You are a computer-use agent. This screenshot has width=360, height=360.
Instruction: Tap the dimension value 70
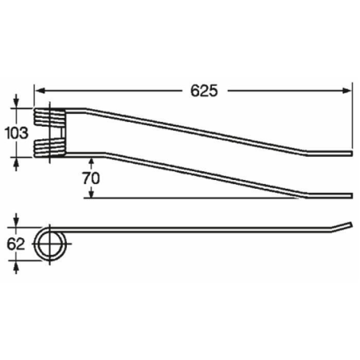90,178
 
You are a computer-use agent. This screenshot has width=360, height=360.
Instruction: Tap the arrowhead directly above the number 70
89,160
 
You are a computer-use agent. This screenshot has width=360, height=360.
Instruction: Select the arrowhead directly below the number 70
89,193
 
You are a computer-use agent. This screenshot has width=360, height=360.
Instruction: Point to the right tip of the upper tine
350,152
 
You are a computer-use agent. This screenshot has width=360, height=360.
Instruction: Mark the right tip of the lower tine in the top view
350,195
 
